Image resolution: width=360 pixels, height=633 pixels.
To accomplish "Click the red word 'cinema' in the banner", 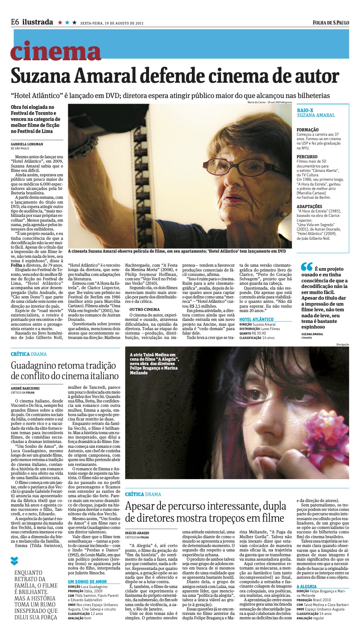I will pyautogui.click(x=55, y=52).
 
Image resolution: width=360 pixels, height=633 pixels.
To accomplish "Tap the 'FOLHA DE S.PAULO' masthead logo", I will pyautogui.click(x=331, y=23).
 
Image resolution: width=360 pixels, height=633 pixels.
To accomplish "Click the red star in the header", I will pyautogui.click(x=60, y=23).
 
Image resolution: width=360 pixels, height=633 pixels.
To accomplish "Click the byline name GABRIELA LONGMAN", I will pyautogui.click(x=27, y=144).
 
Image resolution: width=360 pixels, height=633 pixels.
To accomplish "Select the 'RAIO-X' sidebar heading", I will pyautogui.click(x=305, y=110).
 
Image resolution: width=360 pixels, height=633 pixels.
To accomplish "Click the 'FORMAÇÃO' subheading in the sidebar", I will pyautogui.click(x=308, y=130).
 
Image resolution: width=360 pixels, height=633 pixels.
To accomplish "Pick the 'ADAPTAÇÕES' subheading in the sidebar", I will pyautogui.click(x=309, y=206).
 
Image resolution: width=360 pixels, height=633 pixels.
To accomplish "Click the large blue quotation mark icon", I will pyautogui.click(x=306, y=267).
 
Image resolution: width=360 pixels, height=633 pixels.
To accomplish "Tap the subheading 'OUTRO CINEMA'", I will pyautogui.click(x=144, y=309).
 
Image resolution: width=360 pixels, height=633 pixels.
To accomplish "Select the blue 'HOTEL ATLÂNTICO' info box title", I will pyautogui.click(x=256, y=319).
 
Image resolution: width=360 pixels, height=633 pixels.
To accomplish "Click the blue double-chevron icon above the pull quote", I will pyautogui.click(x=14, y=560).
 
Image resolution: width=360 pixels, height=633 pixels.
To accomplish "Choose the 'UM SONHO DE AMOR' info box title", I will pyautogui.click(x=87, y=582).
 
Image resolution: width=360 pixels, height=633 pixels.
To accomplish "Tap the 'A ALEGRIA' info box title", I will pyautogui.click(x=307, y=587).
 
